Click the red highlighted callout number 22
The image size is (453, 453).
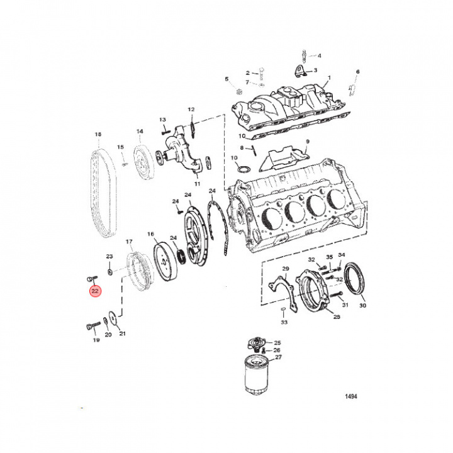pyautogui.click(x=95, y=291)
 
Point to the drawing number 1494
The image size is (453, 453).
pyautogui.click(x=351, y=397)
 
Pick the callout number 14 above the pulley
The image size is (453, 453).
pyautogui.click(x=140, y=131)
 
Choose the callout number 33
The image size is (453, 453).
pyautogui.click(x=284, y=322)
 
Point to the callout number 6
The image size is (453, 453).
pyautogui.click(x=357, y=72)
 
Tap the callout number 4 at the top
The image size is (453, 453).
pyautogui.click(x=319, y=55)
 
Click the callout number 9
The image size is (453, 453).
pyautogui.click(x=308, y=142)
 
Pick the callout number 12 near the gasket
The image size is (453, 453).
pyautogui.click(x=191, y=109)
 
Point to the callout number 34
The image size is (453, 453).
pyautogui.click(x=342, y=254)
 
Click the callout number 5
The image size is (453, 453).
pyautogui.click(x=227, y=79)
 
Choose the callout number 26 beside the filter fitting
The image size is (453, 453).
pyautogui.click(x=277, y=350)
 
